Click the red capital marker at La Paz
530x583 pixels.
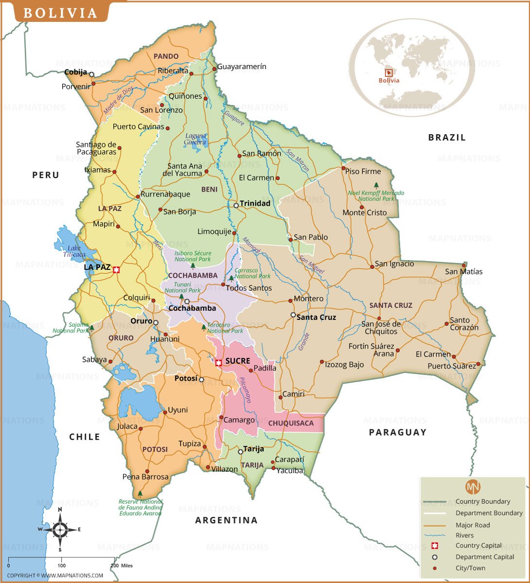(116, 269)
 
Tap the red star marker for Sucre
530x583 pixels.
(219, 362)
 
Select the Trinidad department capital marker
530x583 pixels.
(236, 206)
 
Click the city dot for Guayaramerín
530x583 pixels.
(214, 69)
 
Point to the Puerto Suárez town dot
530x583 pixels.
(478, 364)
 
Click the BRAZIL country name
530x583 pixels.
(447, 138)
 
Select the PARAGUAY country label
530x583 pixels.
(397, 432)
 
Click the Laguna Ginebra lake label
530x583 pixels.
(195, 139)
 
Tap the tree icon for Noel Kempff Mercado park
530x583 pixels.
(376, 185)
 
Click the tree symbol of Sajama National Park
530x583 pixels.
(91, 328)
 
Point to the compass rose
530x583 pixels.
(60, 530)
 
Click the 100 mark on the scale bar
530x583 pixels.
(62, 565)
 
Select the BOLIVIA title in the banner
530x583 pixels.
(61, 13)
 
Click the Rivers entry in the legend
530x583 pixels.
(464, 535)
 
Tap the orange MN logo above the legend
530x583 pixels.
(473, 486)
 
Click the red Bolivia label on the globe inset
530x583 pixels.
(389, 80)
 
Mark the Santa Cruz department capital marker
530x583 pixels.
(293, 315)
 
